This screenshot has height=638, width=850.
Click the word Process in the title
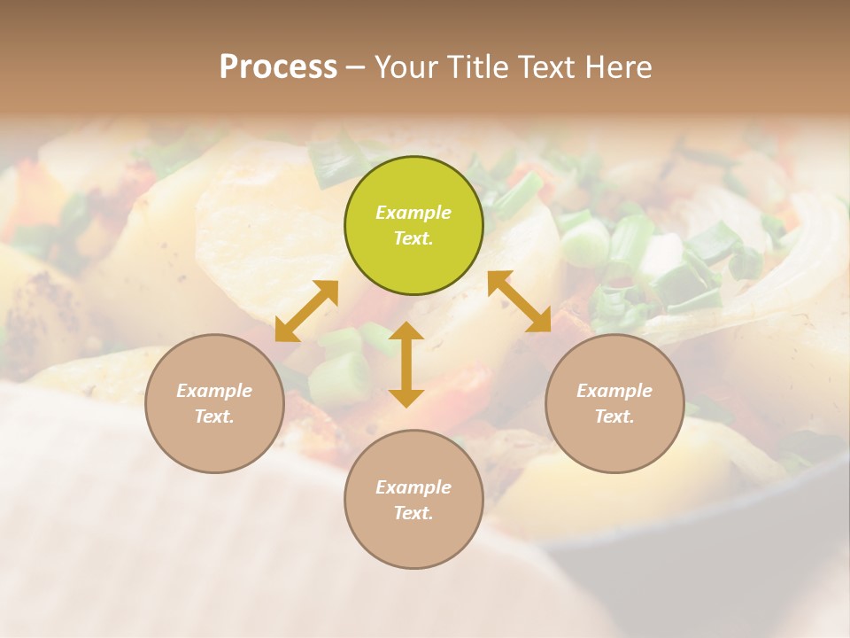pos(278,67)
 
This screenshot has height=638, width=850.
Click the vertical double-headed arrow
pos(406,364)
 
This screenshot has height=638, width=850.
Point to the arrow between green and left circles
pos(306,311)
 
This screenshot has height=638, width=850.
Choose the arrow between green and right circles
pos(520,301)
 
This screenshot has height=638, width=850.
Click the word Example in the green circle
pos(413,213)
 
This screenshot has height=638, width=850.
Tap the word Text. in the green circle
pos(413,238)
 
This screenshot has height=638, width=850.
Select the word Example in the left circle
pos(214,391)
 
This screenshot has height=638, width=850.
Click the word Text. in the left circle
pos(214,416)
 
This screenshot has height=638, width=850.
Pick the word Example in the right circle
pos(614,391)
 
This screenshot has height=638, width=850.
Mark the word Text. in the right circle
pos(614,416)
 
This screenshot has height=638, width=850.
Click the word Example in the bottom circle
pos(413,487)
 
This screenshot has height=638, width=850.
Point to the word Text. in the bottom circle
pos(413,513)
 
